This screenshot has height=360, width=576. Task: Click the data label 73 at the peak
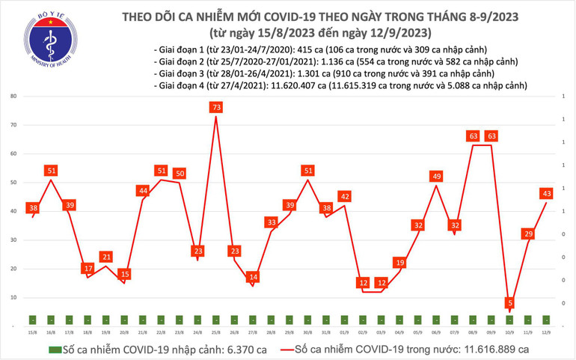pyautogui.click(x=215, y=108)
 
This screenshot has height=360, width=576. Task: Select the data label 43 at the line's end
pyautogui.click(x=547, y=194)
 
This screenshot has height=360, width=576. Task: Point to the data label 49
pyautogui.click(x=437, y=177)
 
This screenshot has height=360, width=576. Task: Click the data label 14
pyautogui.click(x=253, y=277)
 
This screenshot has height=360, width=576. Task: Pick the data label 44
pyautogui.click(x=142, y=191)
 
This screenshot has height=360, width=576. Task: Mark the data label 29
pyautogui.click(x=529, y=234)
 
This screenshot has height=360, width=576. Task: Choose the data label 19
pyautogui.click(x=400, y=263)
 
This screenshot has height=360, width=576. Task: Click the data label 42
pyautogui.click(x=345, y=197)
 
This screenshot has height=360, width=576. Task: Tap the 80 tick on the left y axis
pyautogui.click(x=13, y=97)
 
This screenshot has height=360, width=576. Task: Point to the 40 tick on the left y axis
pyautogui.click(x=13, y=212)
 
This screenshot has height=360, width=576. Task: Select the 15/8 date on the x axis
pyautogui.click(x=32, y=332)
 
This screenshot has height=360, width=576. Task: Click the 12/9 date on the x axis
pyautogui.click(x=548, y=332)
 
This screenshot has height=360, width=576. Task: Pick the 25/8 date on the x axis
pyautogui.click(x=215, y=332)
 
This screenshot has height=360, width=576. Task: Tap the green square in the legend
pyautogui.click(x=55, y=349)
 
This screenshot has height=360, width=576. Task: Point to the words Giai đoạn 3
pyautogui.click(x=180, y=74)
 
